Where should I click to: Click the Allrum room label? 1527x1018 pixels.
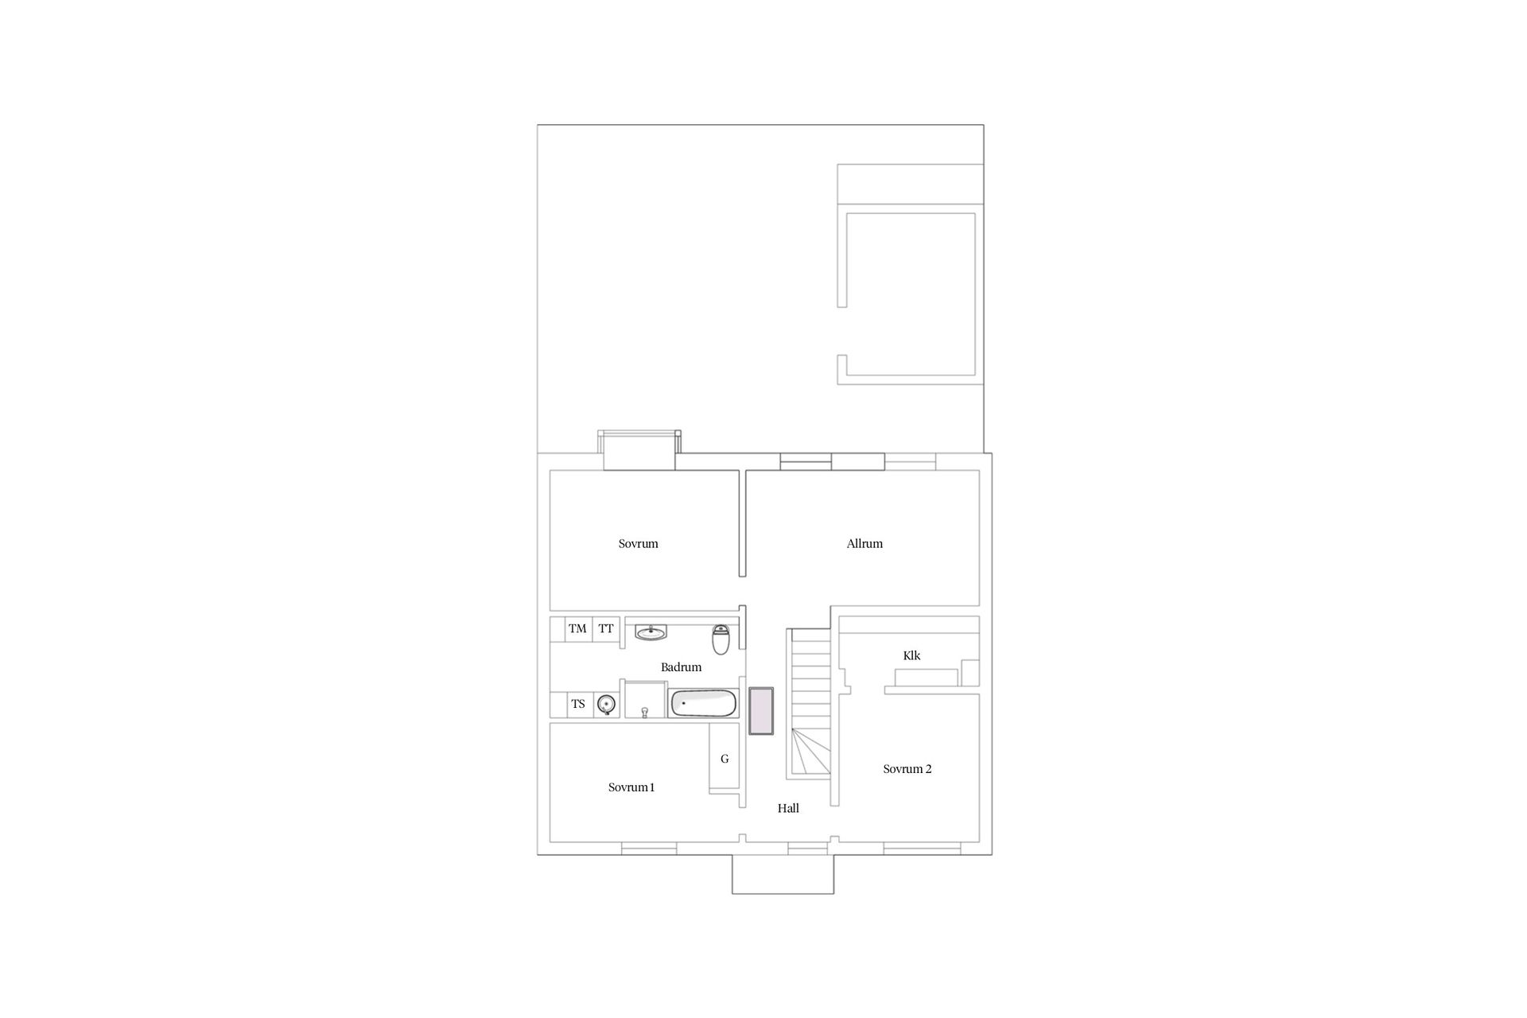(x=865, y=544)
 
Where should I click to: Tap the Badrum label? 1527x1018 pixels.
(x=681, y=667)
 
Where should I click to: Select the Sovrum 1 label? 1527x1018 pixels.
(x=631, y=787)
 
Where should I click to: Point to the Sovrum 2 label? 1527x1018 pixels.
(x=907, y=769)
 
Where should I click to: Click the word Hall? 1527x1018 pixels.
(x=788, y=808)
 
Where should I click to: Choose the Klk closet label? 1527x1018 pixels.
(x=911, y=655)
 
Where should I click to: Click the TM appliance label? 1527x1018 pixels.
(x=577, y=628)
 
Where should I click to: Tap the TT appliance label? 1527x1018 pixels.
(x=606, y=628)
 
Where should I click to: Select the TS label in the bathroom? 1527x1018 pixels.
(x=578, y=704)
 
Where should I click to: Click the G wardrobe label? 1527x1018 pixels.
(x=725, y=759)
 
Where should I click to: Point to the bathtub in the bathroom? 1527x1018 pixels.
(x=704, y=704)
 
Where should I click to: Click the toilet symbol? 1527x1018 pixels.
(x=721, y=639)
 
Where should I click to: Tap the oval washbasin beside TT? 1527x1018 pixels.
(x=651, y=633)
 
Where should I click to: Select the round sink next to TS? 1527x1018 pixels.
(x=607, y=705)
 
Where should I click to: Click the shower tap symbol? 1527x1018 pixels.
(x=644, y=711)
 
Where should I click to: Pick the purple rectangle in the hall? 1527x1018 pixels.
(x=761, y=711)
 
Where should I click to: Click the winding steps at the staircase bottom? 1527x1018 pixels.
(x=810, y=755)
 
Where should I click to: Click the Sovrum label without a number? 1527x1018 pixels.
(x=639, y=544)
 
